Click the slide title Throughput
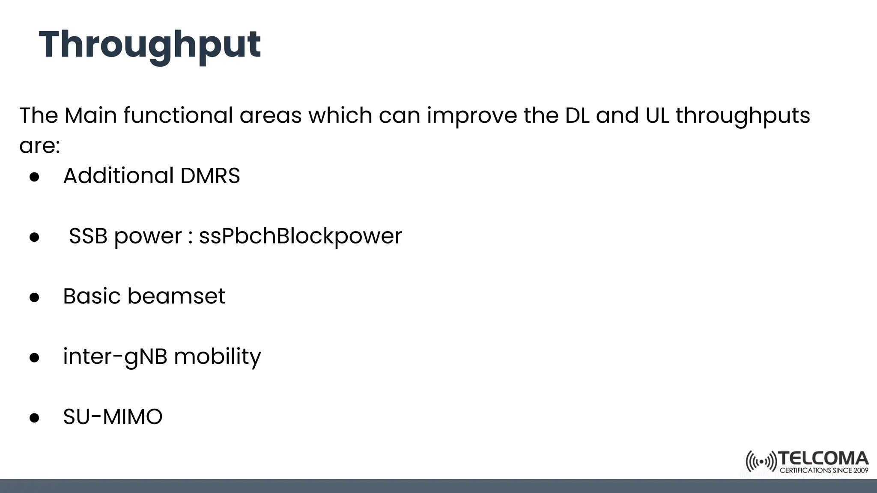[x=150, y=45]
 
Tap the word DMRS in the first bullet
[x=210, y=176]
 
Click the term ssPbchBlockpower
[x=300, y=236]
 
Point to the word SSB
[x=88, y=236]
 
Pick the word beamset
[x=176, y=296]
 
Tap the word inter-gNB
[x=115, y=357]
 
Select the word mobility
[x=217, y=357]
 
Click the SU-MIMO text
[x=113, y=417]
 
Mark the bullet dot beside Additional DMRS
[x=34, y=177]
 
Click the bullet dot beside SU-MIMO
[x=34, y=418]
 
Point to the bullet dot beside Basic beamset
[x=34, y=297]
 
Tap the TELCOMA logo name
[x=823, y=459]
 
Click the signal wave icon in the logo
[x=761, y=462]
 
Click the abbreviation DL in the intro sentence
[x=577, y=116]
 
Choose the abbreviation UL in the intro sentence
[x=657, y=116]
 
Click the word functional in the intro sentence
[x=178, y=116]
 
